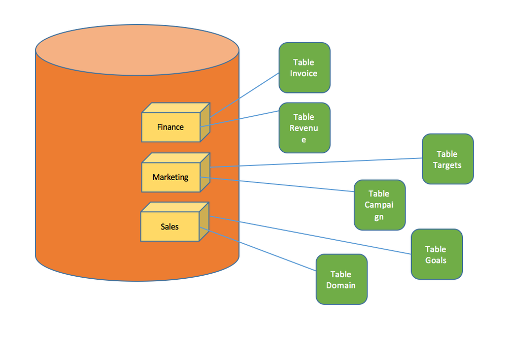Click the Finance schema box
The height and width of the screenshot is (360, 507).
(171, 127)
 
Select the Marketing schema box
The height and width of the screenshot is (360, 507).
(171, 177)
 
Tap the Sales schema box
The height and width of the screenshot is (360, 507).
(170, 226)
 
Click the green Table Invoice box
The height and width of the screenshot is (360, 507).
(305, 68)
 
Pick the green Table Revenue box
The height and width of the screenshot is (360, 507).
(305, 128)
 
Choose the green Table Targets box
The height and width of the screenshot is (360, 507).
(448, 159)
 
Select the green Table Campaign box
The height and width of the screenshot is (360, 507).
(380, 205)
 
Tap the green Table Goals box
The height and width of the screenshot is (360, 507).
(436, 254)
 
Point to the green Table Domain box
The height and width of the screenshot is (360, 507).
(341, 279)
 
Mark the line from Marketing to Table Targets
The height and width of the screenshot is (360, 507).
(315, 162)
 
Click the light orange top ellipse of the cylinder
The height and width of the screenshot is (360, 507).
(137, 50)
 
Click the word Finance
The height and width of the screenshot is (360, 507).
(171, 127)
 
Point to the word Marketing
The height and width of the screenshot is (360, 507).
(171, 177)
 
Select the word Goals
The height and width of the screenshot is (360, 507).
(436, 260)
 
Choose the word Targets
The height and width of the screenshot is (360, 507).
(447, 165)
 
